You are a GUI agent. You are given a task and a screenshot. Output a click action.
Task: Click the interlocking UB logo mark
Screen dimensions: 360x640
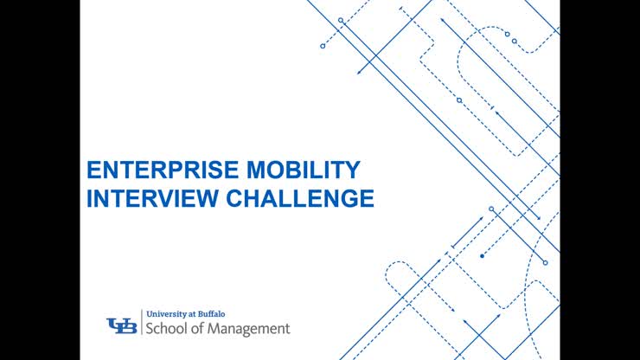click(x=121, y=325)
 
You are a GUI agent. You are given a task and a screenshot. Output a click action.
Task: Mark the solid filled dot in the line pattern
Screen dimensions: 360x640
click(x=481, y=256)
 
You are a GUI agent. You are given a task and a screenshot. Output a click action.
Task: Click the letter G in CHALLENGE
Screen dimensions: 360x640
click(x=348, y=198)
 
